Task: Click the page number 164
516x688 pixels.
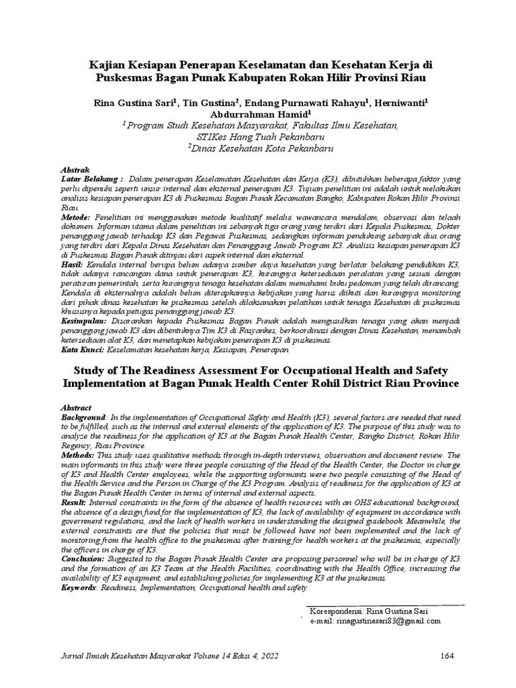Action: point(448,655)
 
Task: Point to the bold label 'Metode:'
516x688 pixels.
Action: point(75,218)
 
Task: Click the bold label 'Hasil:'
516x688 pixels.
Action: point(72,265)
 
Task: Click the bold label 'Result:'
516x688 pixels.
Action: point(75,502)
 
